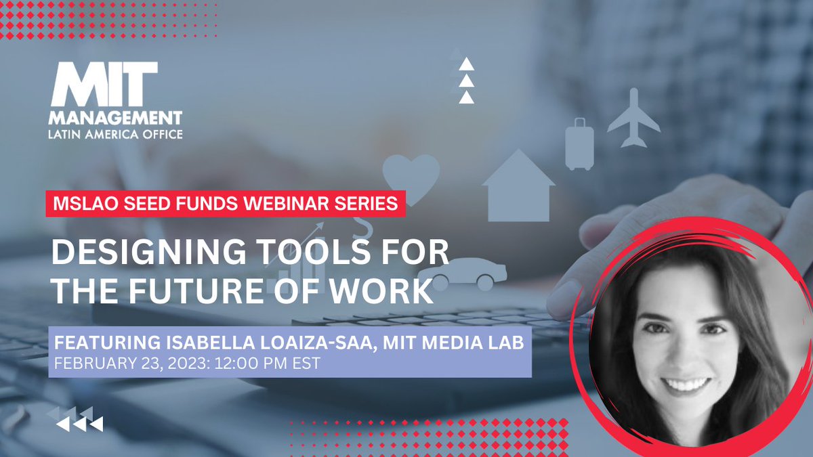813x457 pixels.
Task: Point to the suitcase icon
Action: coord(579,144)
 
